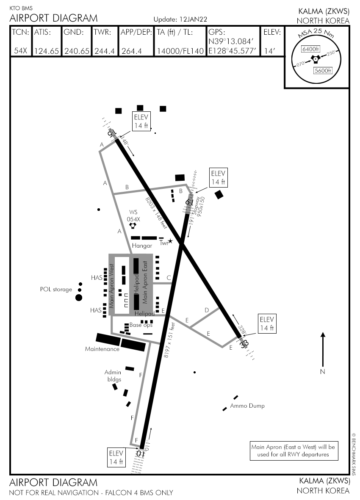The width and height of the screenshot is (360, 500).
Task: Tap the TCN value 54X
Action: click(20, 51)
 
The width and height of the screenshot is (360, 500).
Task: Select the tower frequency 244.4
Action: click(104, 51)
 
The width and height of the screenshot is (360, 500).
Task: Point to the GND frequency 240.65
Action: click(76, 51)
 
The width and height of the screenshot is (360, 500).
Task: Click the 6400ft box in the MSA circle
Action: click(310, 49)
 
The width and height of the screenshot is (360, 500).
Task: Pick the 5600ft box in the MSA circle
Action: click(322, 71)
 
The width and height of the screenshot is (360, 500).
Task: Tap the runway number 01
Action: click(140, 453)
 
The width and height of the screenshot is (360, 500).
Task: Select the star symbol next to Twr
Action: click(170, 241)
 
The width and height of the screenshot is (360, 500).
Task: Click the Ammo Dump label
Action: click(247, 406)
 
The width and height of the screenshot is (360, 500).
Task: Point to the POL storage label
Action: click(56, 290)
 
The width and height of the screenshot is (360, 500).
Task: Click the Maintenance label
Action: click(102, 349)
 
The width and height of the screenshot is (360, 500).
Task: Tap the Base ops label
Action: click(141, 325)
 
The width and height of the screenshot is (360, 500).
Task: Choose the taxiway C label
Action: click(169, 278)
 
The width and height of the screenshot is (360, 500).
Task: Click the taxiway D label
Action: click(207, 310)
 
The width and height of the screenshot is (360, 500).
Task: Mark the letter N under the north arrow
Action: click(323, 372)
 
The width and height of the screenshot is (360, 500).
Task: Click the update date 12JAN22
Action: click(192, 19)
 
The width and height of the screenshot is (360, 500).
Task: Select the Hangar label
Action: click(142, 246)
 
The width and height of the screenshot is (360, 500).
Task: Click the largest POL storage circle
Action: click(79, 298)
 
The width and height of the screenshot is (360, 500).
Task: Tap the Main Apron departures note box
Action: click(293, 450)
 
